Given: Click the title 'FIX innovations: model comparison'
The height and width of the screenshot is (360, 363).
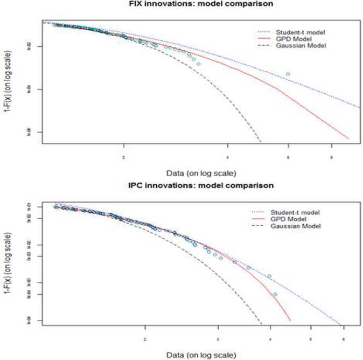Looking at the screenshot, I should [200, 4].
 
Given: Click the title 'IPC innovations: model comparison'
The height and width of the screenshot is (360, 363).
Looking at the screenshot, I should [200, 185].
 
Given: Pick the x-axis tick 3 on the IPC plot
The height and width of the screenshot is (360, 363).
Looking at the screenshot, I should [218, 340].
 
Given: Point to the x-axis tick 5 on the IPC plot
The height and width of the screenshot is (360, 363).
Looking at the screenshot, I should [310, 340].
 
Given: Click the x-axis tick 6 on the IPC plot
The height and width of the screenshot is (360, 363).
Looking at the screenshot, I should [343, 340].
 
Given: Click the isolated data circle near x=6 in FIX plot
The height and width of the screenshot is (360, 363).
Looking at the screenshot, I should [288, 74].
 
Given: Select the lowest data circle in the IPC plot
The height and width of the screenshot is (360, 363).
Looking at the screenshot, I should [275, 294].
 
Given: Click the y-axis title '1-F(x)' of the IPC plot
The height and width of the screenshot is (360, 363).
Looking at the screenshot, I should [6, 264].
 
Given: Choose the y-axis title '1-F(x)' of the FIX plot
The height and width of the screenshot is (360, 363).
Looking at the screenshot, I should [6, 84].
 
